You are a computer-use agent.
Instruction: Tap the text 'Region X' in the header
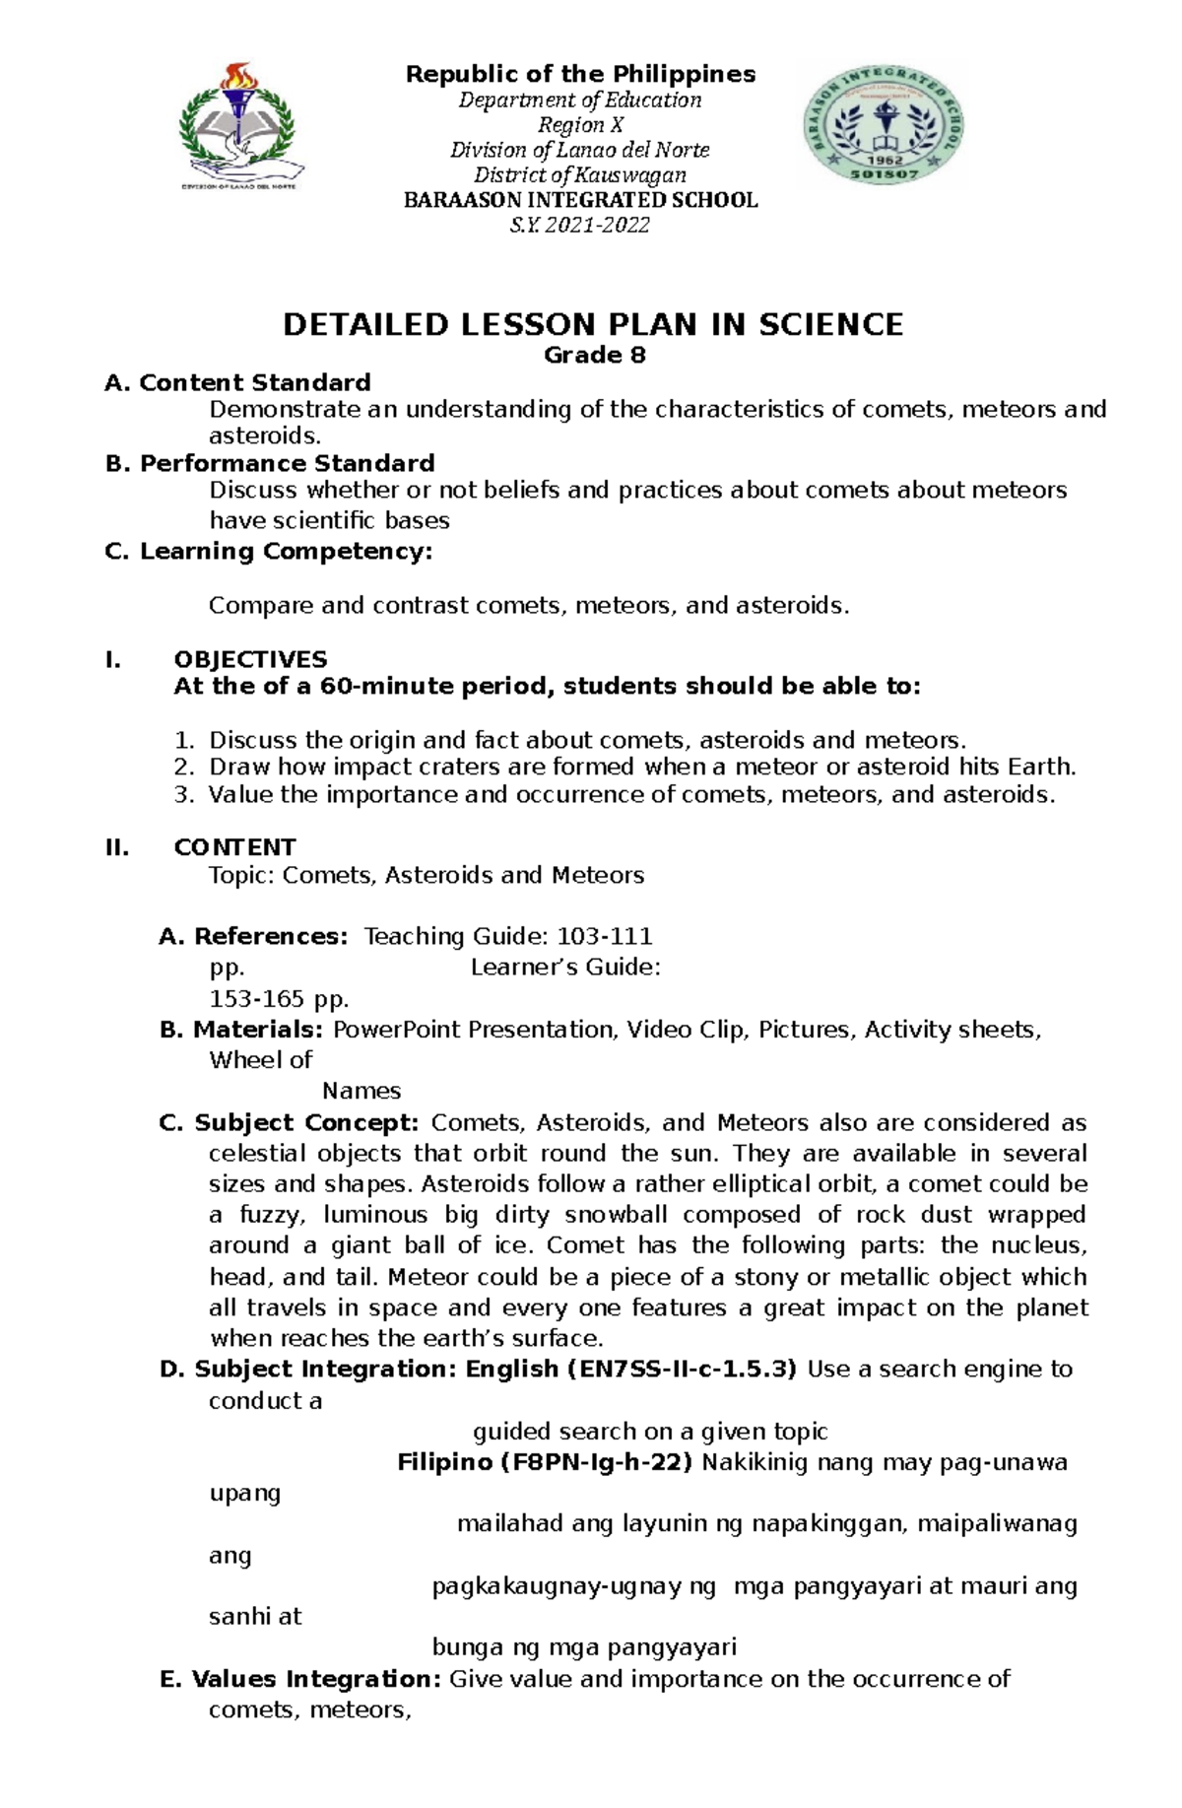(579, 125)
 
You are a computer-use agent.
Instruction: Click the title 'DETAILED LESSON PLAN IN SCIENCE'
(593, 325)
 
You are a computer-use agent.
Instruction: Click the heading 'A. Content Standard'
(237, 382)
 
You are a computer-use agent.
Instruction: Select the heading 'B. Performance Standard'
(269, 463)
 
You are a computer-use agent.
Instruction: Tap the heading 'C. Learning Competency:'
(268, 551)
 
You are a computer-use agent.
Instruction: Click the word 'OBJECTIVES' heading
(250, 659)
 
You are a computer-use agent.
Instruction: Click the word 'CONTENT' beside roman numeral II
(234, 847)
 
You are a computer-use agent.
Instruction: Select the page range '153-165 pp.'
(279, 1000)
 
